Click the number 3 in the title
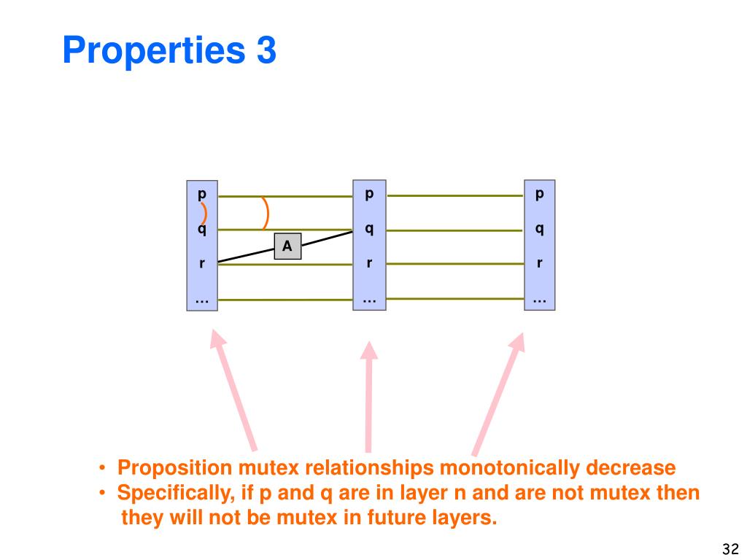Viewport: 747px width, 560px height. click(266, 51)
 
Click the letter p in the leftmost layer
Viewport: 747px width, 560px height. click(202, 195)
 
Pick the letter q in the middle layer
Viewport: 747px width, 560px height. click(369, 229)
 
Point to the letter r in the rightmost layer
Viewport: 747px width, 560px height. click(540, 262)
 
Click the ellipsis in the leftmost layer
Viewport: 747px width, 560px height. click(202, 299)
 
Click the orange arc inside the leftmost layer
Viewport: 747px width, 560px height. click(204, 213)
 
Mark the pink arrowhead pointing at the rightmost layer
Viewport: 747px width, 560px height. click(517, 343)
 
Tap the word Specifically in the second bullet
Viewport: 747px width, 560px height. click(172, 494)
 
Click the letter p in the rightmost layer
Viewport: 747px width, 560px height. click(540, 195)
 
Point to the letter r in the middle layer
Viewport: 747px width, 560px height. click(369, 262)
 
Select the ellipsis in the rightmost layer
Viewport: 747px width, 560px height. click(540, 299)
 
